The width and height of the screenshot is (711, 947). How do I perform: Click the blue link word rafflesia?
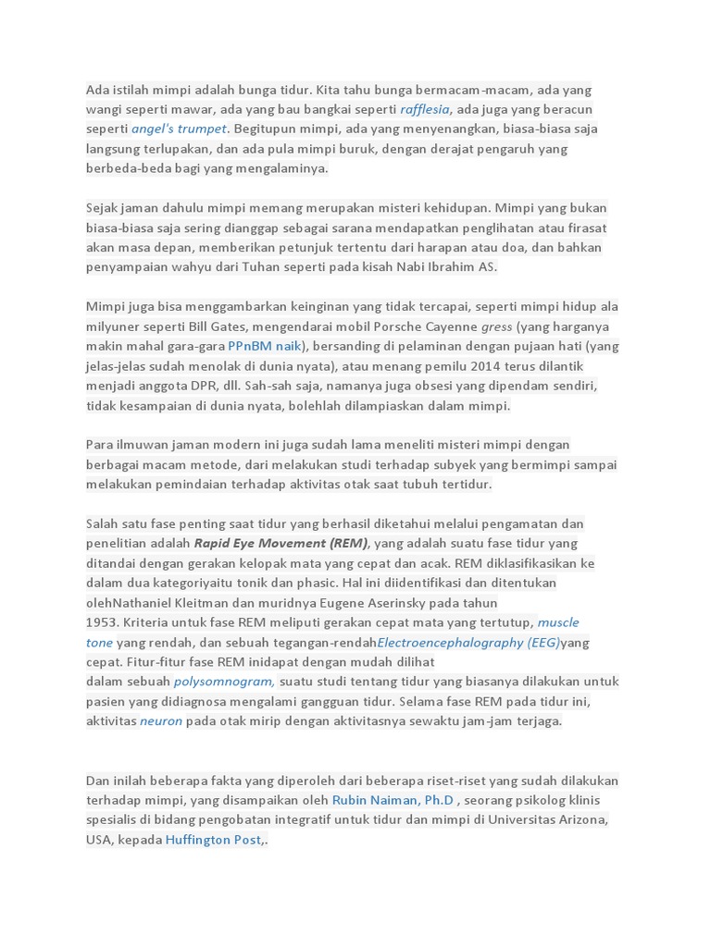pyautogui.click(x=425, y=109)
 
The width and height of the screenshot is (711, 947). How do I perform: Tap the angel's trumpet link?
pyautogui.click(x=179, y=129)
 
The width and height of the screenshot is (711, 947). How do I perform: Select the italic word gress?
pyautogui.click(x=496, y=326)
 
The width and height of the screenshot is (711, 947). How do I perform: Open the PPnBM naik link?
pyautogui.click(x=265, y=346)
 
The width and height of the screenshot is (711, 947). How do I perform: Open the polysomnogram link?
pyautogui.click(x=224, y=682)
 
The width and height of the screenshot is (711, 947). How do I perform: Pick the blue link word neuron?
pyautogui.click(x=161, y=720)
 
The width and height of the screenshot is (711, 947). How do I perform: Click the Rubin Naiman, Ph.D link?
pyautogui.click(x=393, y=800)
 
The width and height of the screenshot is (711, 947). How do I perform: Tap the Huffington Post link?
pyautogui.click(x=213, y=840)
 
